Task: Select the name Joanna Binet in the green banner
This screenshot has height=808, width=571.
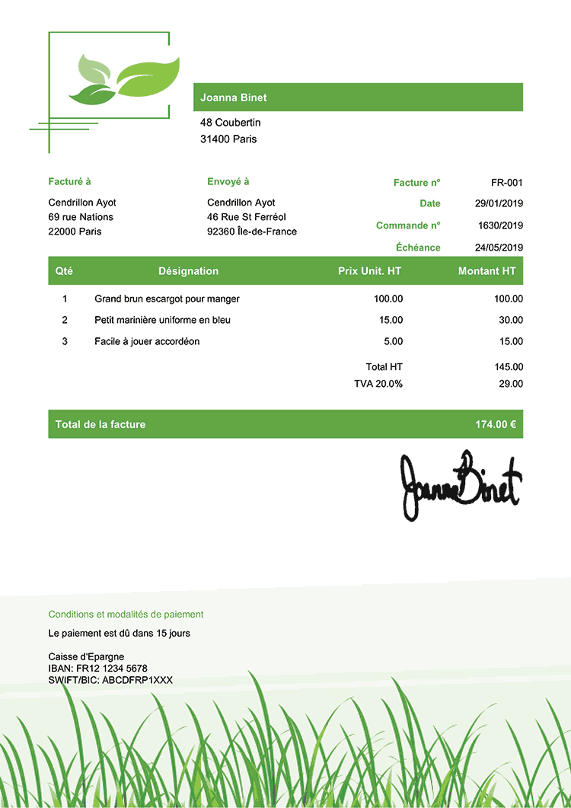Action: coord(234,97)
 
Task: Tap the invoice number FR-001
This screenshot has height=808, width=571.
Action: coord(507,183)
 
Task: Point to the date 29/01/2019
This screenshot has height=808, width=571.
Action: coord(499,204)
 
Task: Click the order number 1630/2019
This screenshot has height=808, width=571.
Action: coord(500,225)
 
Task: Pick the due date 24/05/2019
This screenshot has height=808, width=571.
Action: coord(499,248)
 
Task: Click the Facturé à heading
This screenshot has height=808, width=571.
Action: coord(69,182)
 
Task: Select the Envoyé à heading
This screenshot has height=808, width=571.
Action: coord(228,182)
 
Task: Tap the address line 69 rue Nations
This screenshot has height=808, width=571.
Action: coord(81,217)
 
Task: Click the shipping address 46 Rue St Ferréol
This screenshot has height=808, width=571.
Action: coord(247,217)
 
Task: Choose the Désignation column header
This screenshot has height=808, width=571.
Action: coord(188,271)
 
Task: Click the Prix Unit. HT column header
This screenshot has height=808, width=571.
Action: coord(369,271)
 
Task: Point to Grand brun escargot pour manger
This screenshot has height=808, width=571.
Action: coord(167,299)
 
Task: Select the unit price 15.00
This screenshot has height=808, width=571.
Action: coord(391,320)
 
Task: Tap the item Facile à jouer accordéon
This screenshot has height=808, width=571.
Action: coord(147,341)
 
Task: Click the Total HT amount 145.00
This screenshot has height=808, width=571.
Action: coord(509,367)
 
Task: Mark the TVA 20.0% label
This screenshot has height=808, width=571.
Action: coord(378,384)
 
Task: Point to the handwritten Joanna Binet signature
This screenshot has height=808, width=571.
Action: coord(461,486)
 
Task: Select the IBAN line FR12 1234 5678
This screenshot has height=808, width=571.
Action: coord(97,669)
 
